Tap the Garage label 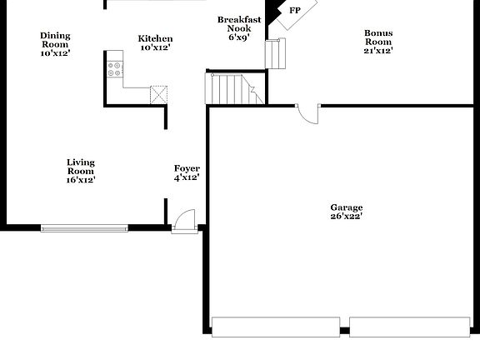point(346,207)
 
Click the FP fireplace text point(295,11)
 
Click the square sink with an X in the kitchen point(158,94)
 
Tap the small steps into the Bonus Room point(276,53)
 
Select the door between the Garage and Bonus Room point(307,113)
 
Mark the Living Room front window point(84,227)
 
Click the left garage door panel point(276,326)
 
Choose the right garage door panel point(412,326)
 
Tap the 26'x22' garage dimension point(346,217)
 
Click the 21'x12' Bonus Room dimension point(377,51)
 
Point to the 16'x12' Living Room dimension point(81,179)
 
